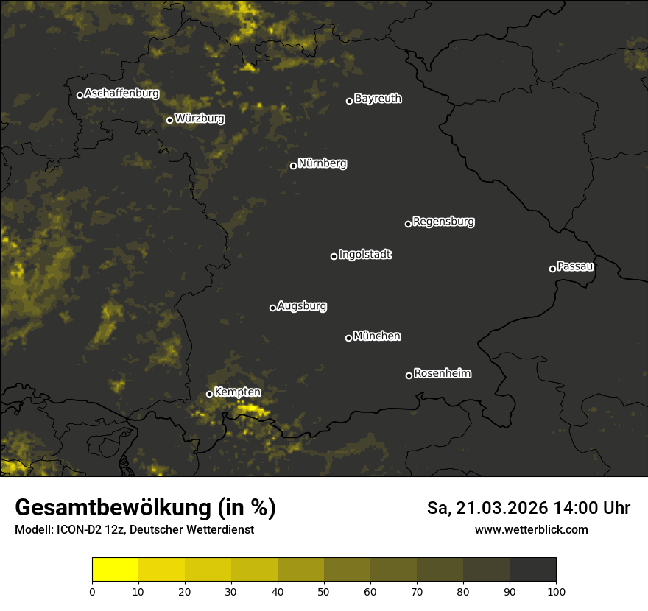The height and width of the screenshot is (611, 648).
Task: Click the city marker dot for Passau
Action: pos(552,269)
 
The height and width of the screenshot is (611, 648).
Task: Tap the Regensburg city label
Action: pos(443,222)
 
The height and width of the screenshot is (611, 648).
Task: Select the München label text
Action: pos(377,336)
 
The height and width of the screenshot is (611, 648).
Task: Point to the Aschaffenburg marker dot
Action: pos(80,95)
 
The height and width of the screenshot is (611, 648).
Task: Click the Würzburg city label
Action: pos(200,119)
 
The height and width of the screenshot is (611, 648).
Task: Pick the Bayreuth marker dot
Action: pos(349,101)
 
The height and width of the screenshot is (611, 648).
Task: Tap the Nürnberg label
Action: pos(323,163)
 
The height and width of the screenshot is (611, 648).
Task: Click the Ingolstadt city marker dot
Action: pos(334,256)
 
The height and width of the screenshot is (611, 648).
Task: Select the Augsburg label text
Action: pos(302,306)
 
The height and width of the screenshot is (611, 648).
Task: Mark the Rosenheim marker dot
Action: pos(409,376)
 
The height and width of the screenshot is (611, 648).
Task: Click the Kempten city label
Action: pos(237,392)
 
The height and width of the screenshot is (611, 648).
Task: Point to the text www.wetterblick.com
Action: pos(532,530)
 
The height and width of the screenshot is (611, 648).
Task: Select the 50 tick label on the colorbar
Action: pos(324,591)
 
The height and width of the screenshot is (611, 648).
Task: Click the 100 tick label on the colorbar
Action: pos(556,591)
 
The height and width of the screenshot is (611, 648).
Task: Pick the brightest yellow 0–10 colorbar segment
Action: pos(115,570)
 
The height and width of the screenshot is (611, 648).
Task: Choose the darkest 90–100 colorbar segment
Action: pos(532,570)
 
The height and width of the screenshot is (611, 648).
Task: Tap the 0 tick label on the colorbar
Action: pos(92,591)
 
